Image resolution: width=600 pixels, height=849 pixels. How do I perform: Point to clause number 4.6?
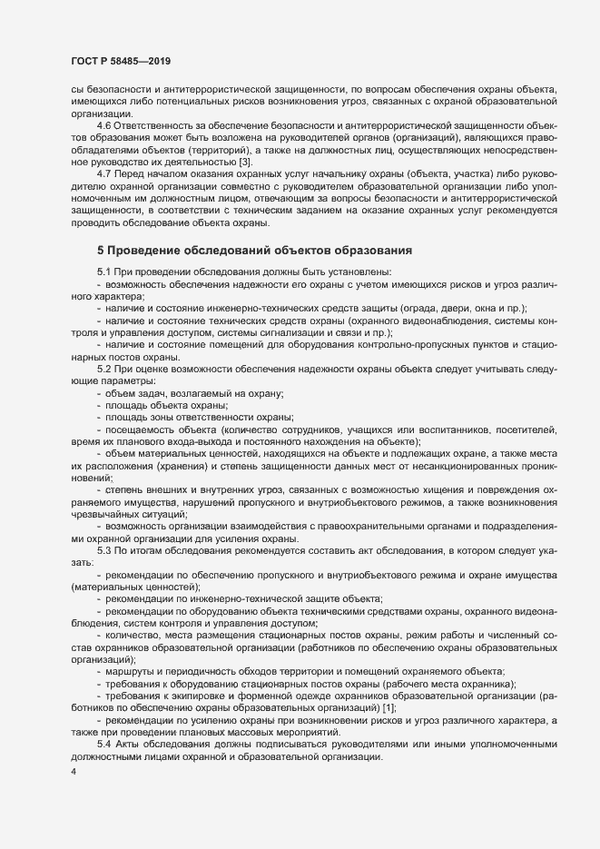click(104, 124)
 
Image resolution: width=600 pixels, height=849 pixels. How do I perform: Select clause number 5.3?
click(104, 551)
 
